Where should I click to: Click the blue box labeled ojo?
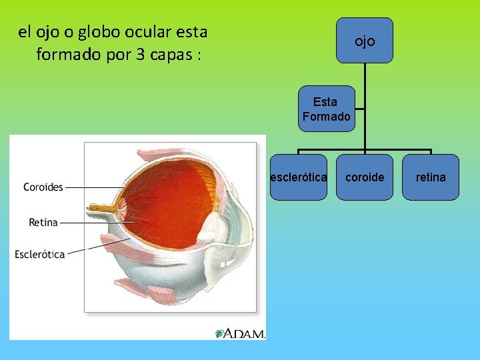[x=365, y=41]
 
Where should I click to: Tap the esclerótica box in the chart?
[x=298, y=177]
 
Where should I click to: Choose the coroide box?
[x=365, y=177]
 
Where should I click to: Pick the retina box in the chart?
[x=431, y=177]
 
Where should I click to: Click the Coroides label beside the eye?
[x=43, y=187]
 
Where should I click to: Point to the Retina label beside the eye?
[x=43, y=222]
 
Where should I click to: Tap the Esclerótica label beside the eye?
[x=40, y=254]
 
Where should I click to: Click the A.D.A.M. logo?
[x=241, y=333]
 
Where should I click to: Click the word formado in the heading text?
[x=69, y=54]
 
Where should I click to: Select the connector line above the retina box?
[x=431, y=152]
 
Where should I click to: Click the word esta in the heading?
[x=193, y=31]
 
